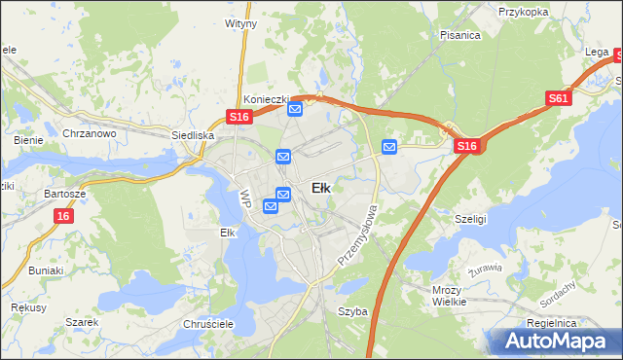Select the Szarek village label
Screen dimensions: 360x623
point(83,322)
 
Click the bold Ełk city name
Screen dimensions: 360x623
point(320,188)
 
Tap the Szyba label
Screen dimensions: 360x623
point(352,312)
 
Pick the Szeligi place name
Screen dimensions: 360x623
point(470,220)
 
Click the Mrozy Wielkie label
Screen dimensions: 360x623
point(449,296)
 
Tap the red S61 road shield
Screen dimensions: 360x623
point(559,98)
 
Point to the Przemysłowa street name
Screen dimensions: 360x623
point(357,235)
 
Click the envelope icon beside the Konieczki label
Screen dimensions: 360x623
point(295,110)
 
